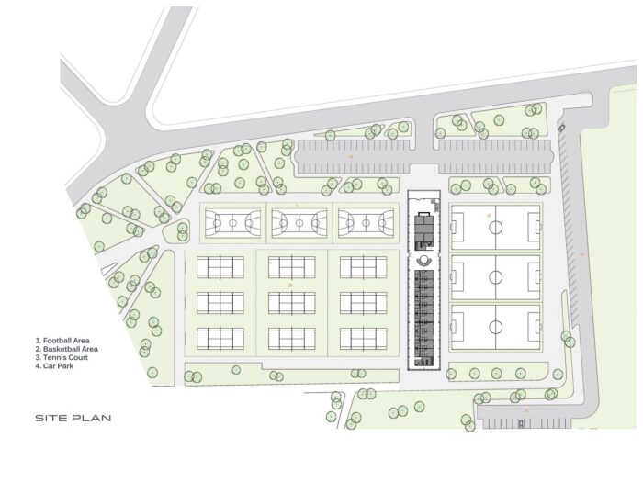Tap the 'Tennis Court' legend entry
[62, 358]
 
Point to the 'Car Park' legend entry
[57, 366]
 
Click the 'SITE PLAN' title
[73, 418]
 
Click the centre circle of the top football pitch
[495, 227]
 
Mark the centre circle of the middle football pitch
[495, 276]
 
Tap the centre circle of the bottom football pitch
[495, 327]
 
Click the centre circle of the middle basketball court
[295, 222]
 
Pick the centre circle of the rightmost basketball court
[363, 222]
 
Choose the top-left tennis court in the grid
[220, 267]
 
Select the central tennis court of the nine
[292, 302]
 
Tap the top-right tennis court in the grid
[363, 267]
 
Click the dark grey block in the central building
[423, 230]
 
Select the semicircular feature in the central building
[423, 261]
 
